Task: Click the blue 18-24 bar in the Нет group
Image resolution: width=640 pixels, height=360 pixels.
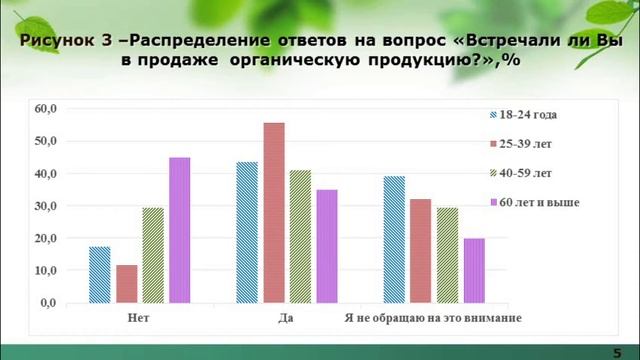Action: click(x=99, y=275)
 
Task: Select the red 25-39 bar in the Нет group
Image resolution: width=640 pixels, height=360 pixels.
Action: click(x=126, y=284)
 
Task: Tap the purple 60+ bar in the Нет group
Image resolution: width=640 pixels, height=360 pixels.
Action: click(x=180, y=230)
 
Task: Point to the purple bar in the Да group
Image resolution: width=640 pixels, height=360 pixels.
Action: click(x=327, y=246)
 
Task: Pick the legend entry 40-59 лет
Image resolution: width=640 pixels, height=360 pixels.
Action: click(x=530, y=174)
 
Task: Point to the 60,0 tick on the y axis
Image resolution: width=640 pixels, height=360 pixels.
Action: click(x=47, y=108)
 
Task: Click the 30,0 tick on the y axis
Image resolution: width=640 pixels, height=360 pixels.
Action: click(x=47, y=206)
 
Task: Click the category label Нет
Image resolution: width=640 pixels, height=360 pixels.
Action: click(x=140, y=318)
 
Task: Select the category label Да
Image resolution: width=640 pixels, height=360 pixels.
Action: click(x=286, y=318)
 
